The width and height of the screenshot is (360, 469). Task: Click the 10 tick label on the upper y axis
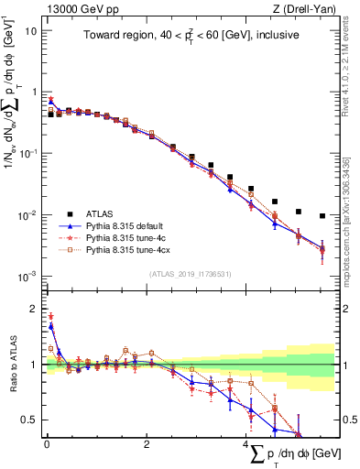(30, 30)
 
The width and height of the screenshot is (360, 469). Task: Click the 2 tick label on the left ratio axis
(33, 309)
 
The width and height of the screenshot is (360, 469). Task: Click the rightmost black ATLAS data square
(322, 216)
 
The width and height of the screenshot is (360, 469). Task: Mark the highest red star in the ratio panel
(50, 316)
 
